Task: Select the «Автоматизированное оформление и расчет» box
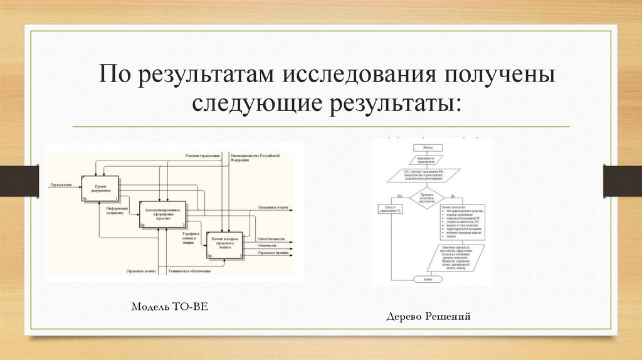click(x=162, y=214)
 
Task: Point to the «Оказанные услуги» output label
click(x=271, y=208)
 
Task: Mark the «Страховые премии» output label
click(x=273, y=253)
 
